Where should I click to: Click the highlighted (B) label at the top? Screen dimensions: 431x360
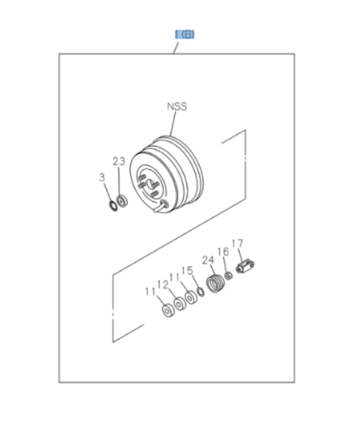[x=184, y=35]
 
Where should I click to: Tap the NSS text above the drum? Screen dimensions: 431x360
[x=177, y=107]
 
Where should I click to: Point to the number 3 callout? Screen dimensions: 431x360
[x=102, y=177]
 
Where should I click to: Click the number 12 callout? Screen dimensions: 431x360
[x=162, y=285]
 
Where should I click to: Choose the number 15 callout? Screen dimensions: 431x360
[x=187, y=270]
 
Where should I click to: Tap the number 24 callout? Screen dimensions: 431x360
[x=208, y=260]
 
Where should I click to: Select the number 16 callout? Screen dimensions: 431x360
[x=223, y=251]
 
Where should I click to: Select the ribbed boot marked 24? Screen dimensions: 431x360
[x=215, y=284]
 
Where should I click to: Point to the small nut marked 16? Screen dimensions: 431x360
[x=228, y=275]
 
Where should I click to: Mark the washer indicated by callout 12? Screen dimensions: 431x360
[x=180, y=304]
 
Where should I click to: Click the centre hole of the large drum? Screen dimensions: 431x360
[x=151, y=184]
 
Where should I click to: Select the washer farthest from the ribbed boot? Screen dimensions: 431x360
[x=167, y=310]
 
